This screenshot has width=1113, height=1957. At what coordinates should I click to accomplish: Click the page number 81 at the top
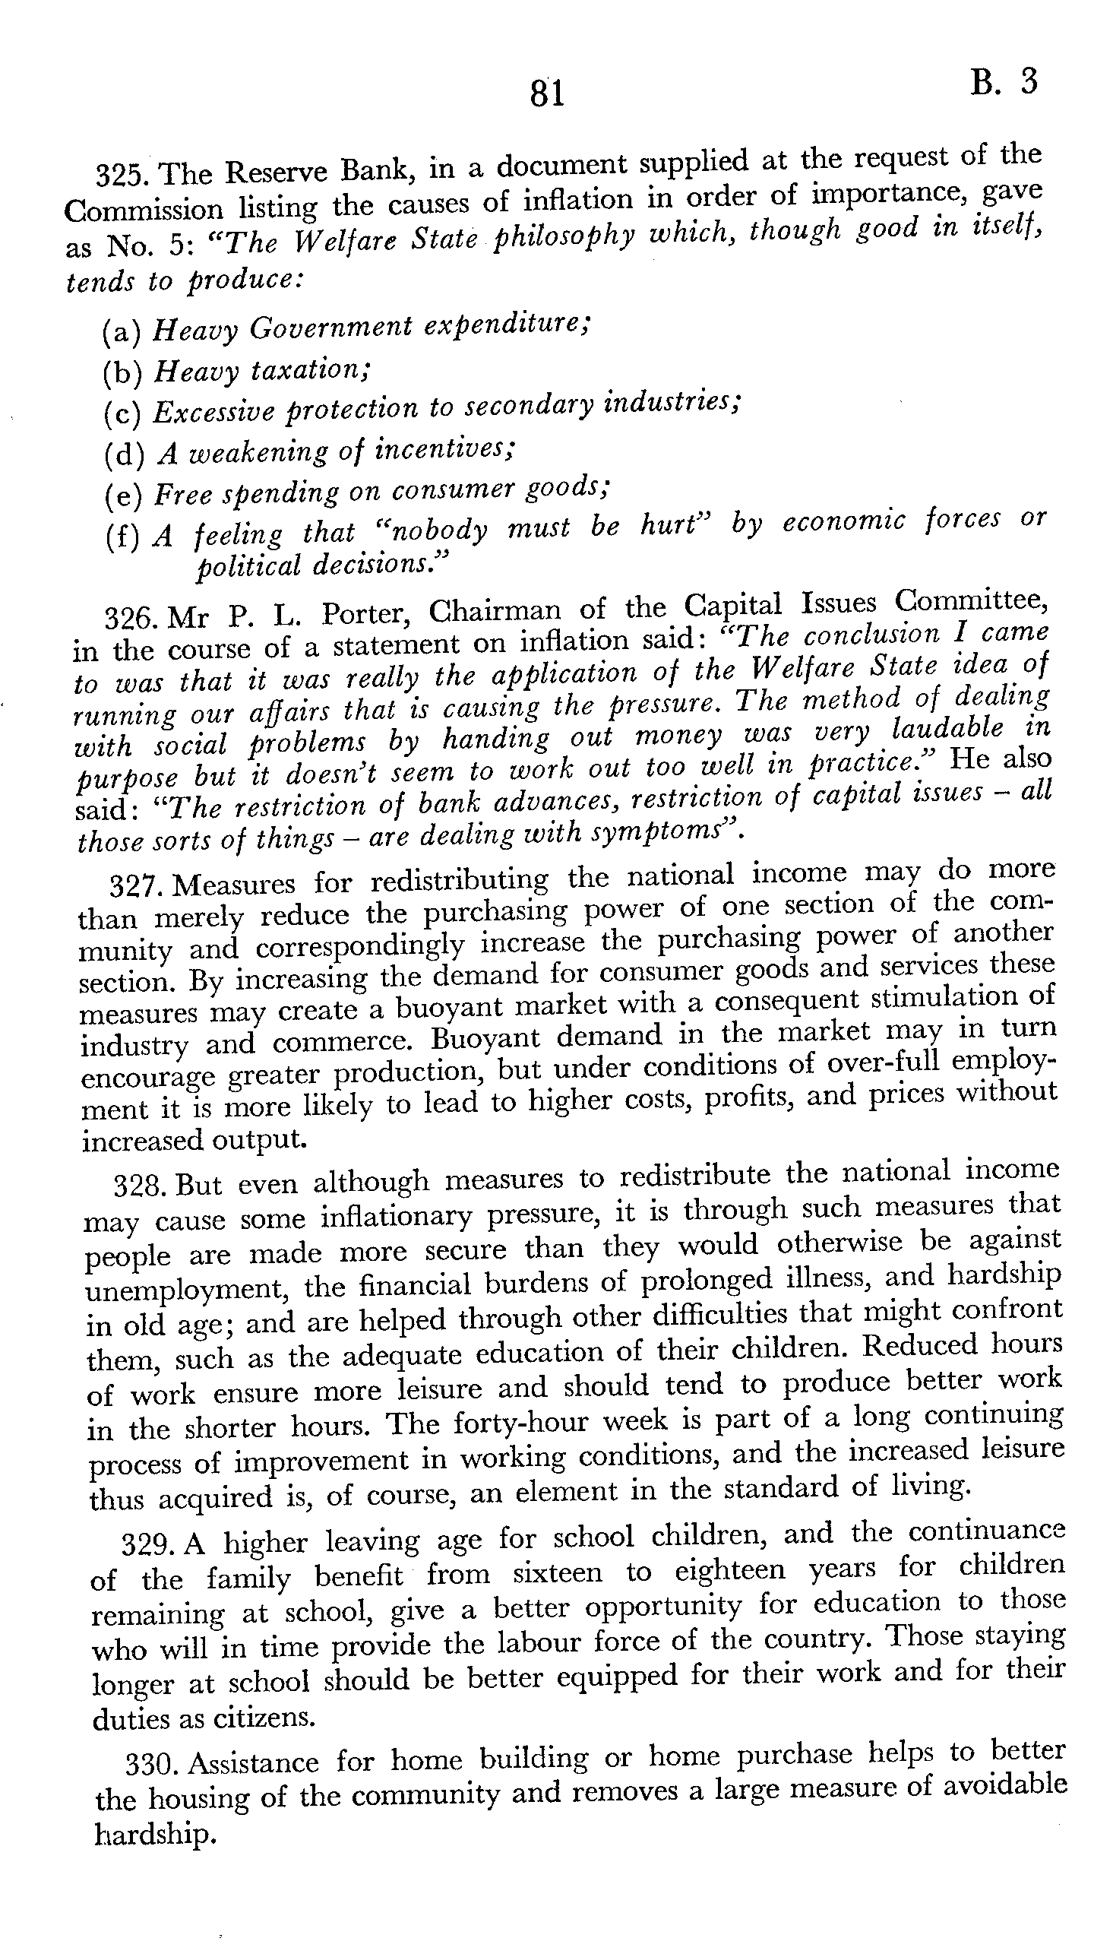click(x=546, y=94)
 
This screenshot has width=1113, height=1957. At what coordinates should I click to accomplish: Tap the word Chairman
click(x=495, y=612)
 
